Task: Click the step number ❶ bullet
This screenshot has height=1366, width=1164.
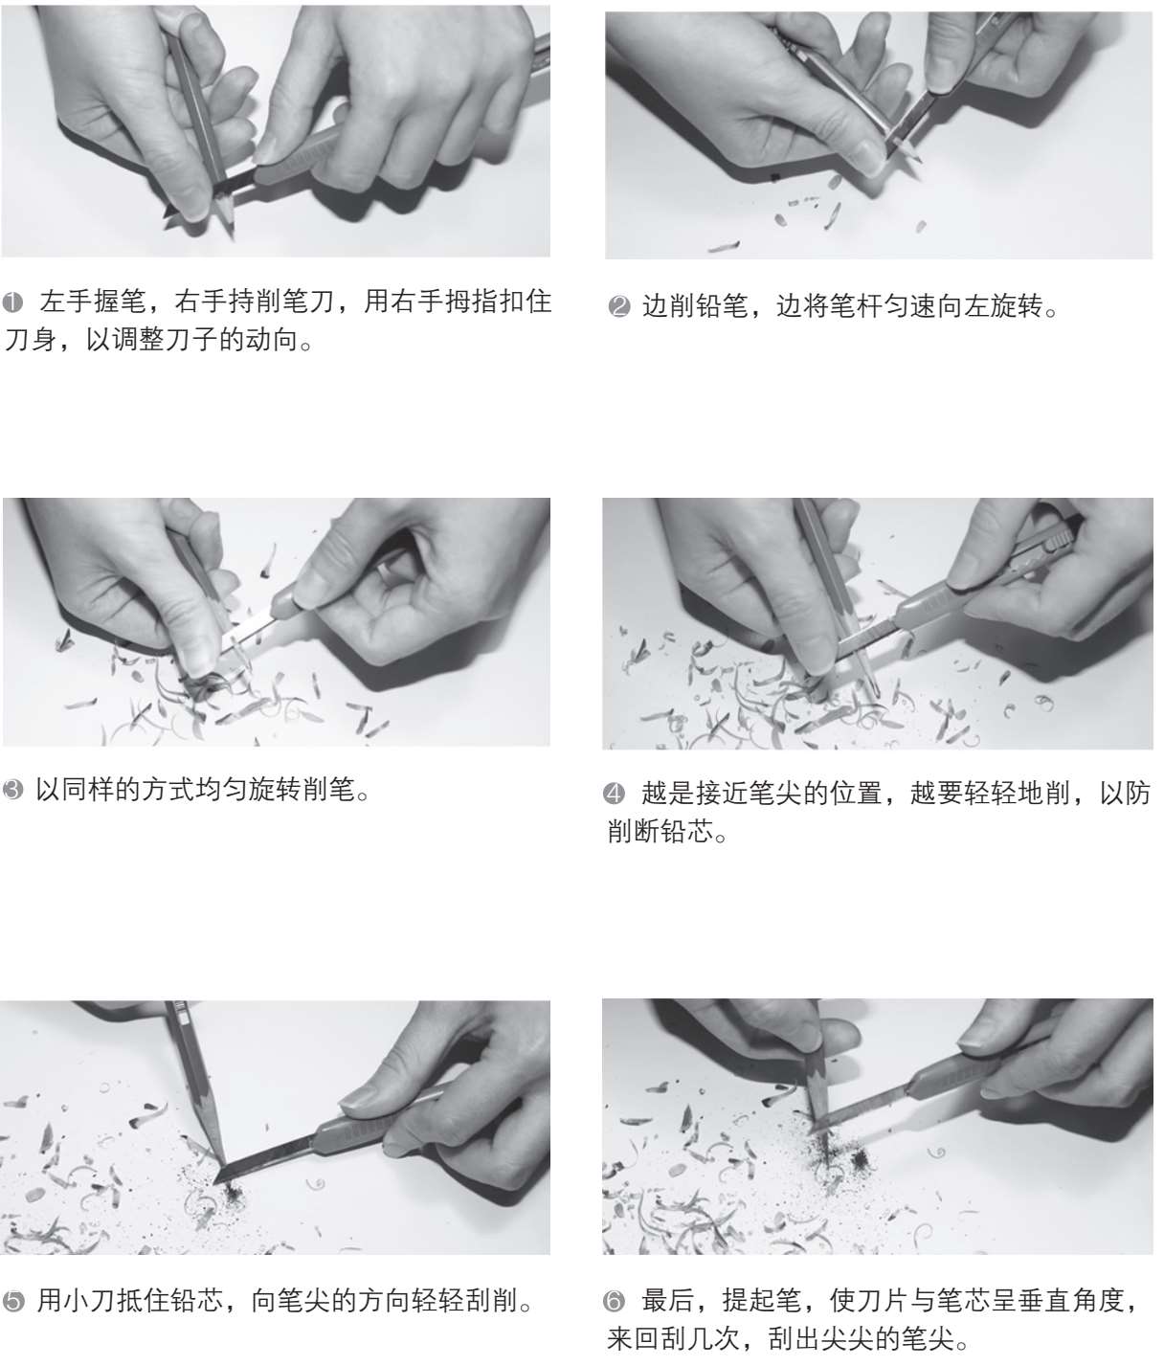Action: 12,303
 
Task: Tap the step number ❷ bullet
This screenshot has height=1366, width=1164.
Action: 619,306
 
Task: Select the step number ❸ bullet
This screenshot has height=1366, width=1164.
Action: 12,789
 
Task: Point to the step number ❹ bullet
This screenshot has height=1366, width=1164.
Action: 614,793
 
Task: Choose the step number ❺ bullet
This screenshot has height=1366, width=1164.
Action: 12,1301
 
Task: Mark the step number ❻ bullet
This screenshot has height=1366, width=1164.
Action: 614,1301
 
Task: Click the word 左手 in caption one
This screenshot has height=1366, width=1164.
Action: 66,302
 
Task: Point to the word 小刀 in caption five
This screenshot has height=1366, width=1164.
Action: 89,1300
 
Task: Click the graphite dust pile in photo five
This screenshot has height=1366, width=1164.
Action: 233,1191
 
